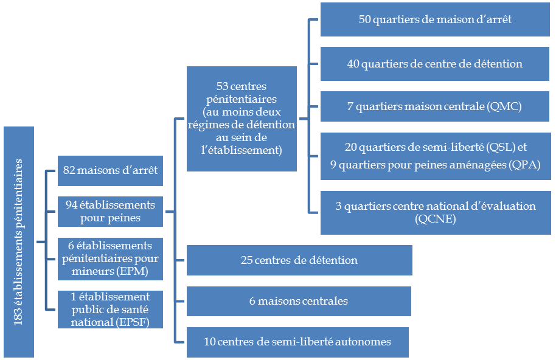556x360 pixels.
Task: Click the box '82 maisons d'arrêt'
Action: pos(110,170)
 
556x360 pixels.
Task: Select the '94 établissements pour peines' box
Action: pos(110,210)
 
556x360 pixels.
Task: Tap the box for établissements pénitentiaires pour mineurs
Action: pos(110,259)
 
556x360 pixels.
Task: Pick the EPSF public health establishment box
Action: pos(110,309)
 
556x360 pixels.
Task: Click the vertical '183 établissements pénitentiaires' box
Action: pos(18,241)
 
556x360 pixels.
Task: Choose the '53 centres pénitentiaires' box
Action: pos(242,119)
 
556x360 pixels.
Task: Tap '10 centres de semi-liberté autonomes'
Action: pos(297,341)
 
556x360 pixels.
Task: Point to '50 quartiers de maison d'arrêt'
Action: pos(434,19)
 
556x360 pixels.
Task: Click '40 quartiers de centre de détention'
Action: pos(434,63)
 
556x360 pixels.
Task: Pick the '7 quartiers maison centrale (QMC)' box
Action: pos(434,106)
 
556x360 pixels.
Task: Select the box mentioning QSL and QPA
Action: pos(434,155)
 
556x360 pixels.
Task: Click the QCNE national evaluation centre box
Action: pos(434,212)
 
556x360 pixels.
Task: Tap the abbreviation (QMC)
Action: pos(504,106)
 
